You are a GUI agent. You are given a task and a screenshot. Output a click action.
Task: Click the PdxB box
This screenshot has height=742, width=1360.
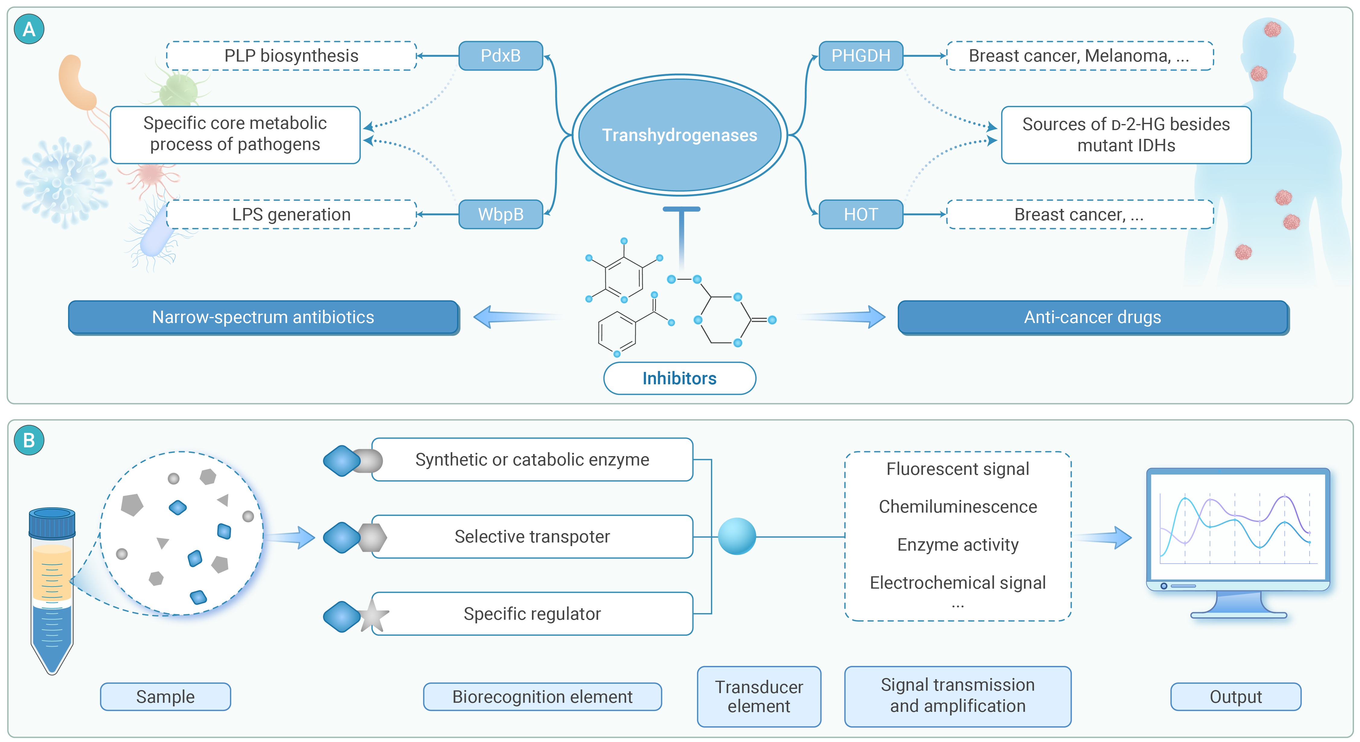click(x=501, y=56)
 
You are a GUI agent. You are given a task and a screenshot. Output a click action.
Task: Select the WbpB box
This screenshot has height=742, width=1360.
click(x=501, y=214)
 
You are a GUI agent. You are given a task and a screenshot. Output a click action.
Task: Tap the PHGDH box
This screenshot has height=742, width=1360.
click(x=861, y=56)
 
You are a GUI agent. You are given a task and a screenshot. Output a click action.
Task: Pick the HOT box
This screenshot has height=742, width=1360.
click(x=861, y=214)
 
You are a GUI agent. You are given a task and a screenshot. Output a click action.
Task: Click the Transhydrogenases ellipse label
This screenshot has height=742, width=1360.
click(x=680, y=135)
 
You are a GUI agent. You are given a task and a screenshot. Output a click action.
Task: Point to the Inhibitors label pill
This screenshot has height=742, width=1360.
click(x=680, y=378)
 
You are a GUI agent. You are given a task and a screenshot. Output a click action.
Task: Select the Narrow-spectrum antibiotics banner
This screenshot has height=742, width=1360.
click(x=263, y=317)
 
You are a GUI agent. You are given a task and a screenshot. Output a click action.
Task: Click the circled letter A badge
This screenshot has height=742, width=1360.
click(x=29, y=29)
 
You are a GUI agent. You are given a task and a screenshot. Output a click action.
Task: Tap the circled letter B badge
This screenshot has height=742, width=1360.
click(x=29, y=440)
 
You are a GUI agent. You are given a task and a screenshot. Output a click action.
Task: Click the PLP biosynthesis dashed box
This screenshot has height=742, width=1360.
click(x=291, y=56)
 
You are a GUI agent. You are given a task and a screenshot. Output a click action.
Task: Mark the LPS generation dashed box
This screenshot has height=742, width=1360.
click(x=291, y=214)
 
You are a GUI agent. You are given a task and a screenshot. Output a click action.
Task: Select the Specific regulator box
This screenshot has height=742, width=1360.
click(x=532, y=614)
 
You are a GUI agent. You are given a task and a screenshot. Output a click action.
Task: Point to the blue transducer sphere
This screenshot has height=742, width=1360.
click(x=737, y=536)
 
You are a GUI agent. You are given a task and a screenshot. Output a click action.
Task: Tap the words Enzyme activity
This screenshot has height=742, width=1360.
click(x=958, y=545)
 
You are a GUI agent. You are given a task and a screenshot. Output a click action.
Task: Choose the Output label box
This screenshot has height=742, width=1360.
click(x=1235, y=697)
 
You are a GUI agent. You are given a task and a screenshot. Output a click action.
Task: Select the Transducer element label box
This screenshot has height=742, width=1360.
click(x=759, y=697)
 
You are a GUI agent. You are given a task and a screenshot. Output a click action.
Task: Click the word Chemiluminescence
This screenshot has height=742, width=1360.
click(x=958, y=507)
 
